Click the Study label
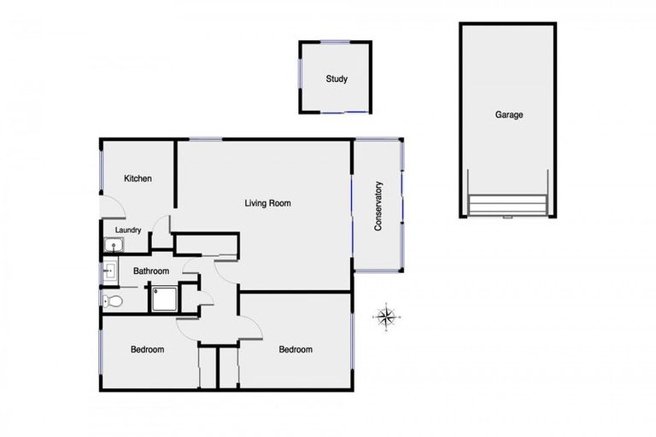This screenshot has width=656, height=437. coord(336,79)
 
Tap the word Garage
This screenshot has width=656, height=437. coord(508,114)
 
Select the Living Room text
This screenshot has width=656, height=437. coord(267,203)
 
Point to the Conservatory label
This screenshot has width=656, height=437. coord(378,206)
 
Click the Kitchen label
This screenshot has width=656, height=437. coord(138,178)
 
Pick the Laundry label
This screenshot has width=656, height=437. coord(127,230)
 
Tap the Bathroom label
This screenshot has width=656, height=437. coord(150,271)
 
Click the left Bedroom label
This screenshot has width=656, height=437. coord(147,349)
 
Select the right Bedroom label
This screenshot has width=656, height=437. coord(296,349)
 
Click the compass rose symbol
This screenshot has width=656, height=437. coord(386,318)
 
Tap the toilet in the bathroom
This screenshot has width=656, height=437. coord(112,300)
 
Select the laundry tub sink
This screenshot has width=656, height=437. coord(112,246)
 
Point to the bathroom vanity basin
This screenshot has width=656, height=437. coord(108,272)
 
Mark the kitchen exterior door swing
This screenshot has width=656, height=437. coord(112,208)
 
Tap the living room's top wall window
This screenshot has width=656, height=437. coord(205,139)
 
